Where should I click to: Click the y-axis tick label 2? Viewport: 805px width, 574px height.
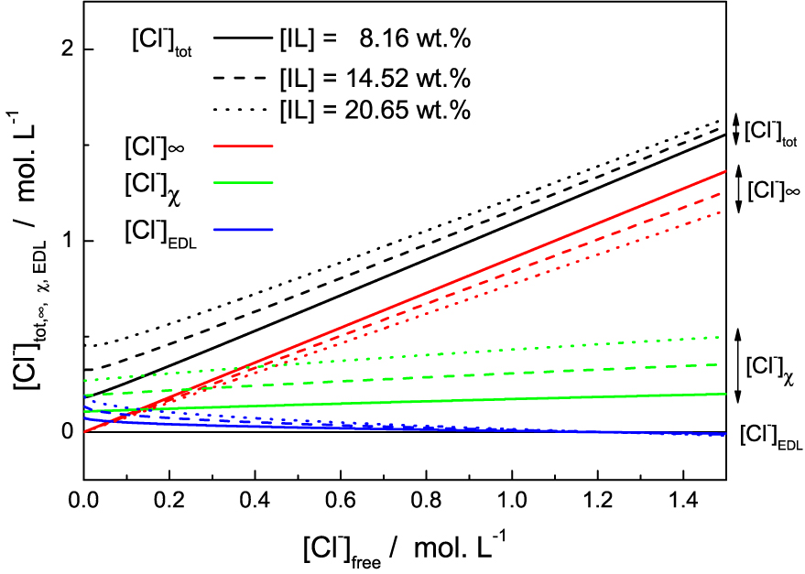(65, 49)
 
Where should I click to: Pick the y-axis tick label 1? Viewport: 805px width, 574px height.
(65, 241)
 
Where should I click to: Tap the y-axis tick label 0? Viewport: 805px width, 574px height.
(65, 432)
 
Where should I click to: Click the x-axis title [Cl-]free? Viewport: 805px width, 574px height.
(408, 547)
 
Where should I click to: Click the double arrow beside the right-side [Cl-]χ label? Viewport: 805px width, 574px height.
(738, 366)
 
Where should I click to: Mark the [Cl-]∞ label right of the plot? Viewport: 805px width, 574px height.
(775, 190)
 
